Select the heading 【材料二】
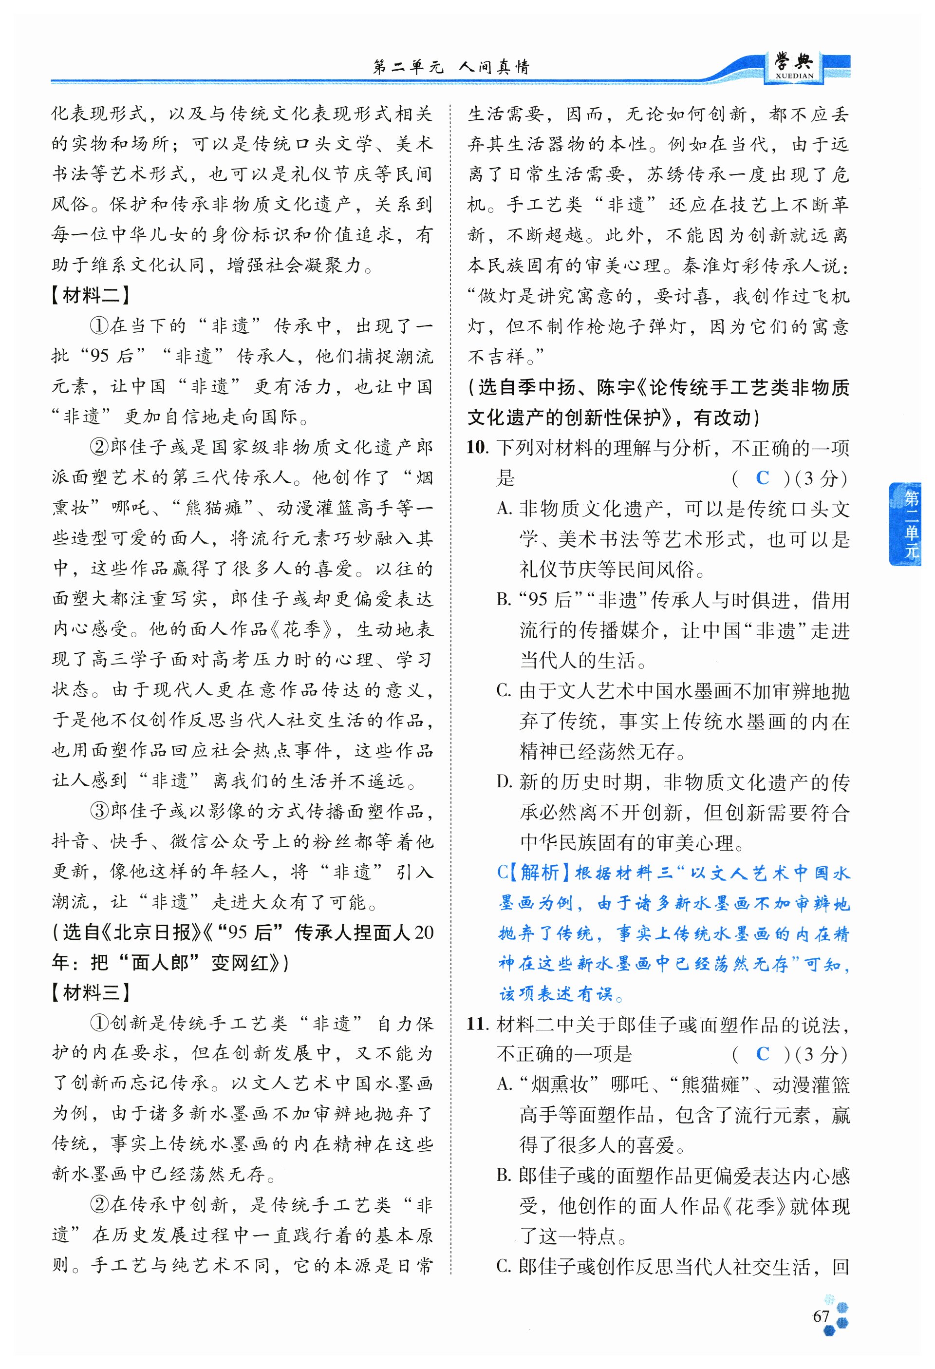point(90,295)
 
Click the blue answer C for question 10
point(762,478)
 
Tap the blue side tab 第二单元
point(911,524)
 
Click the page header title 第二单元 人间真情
point(451,67)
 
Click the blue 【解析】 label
point(538,873)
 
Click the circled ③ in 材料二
point(99,811)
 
